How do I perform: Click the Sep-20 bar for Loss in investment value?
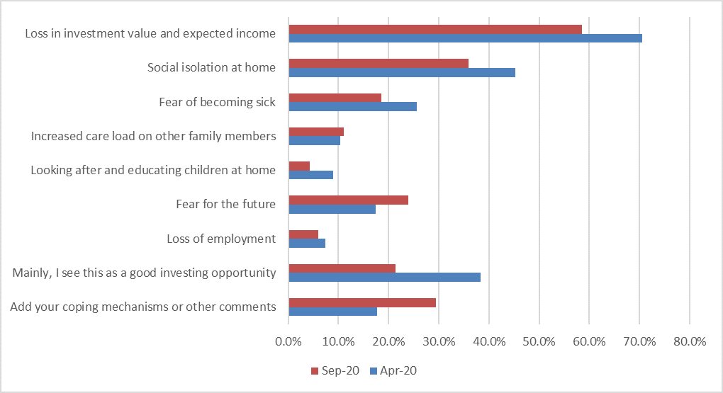tap(435, 29)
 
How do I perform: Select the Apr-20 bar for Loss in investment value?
tap(465, 38)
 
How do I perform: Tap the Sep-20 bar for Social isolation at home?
tap(379, 63)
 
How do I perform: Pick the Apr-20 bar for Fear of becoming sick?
tap(352, 106)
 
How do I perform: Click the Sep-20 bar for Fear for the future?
tap(348, 200)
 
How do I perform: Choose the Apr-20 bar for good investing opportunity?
tap(384, 277)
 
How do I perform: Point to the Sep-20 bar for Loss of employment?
tap(303, 234)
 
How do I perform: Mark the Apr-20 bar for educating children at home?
tap(310, 175)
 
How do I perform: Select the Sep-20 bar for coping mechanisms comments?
tap(362, 302)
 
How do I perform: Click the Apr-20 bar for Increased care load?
tap(314, 140)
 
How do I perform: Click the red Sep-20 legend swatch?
tap(315, 371)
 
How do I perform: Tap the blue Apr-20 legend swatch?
tap(373, 371)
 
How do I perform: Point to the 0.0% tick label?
tap(288, 341)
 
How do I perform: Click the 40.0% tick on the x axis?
tap(489, 341)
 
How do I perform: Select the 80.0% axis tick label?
tap(690, 341)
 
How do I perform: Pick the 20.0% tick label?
tap(388, 341)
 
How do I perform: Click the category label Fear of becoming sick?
tap(217, 102)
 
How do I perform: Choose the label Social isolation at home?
tap(211, 68)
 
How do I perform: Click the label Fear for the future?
tap(225, 205)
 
